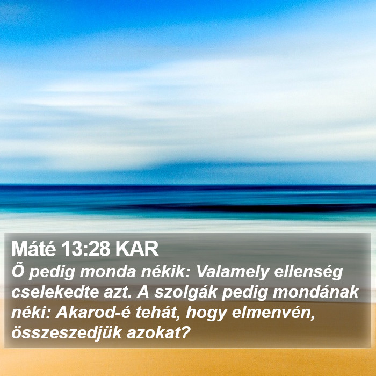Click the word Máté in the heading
33,249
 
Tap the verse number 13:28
85,249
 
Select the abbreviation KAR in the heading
137,249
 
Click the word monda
107,272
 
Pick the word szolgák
186,293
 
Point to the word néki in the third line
28,313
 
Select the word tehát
157,313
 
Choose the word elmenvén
273,313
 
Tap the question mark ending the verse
185,332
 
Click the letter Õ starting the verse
17,271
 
